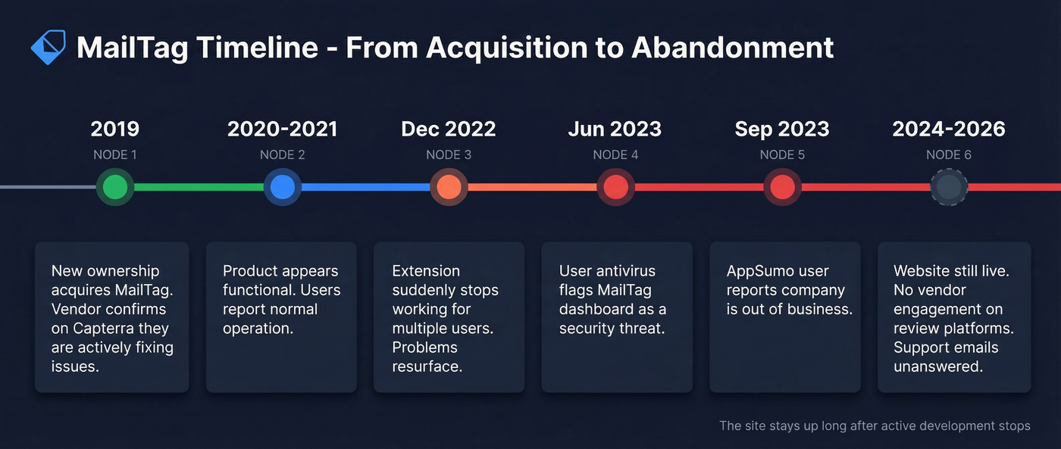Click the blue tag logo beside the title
tap(48, 47)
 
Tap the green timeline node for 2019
tap(115, 187)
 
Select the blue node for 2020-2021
tap(282, 187)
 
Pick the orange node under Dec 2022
tap(449, 187)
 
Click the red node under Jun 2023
tap(615, 187)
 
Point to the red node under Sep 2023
tap(782, 187)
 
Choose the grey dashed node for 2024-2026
tap(949, 187)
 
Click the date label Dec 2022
tap(449, 129)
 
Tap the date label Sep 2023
tap(782, 129)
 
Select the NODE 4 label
tap(615, 154)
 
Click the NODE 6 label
tap(949, 154)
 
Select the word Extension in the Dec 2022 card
tap(426, 271)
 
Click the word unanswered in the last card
tap(938, 366)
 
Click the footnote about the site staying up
tap(875, 426)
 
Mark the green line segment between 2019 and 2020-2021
tap(199, 187)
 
